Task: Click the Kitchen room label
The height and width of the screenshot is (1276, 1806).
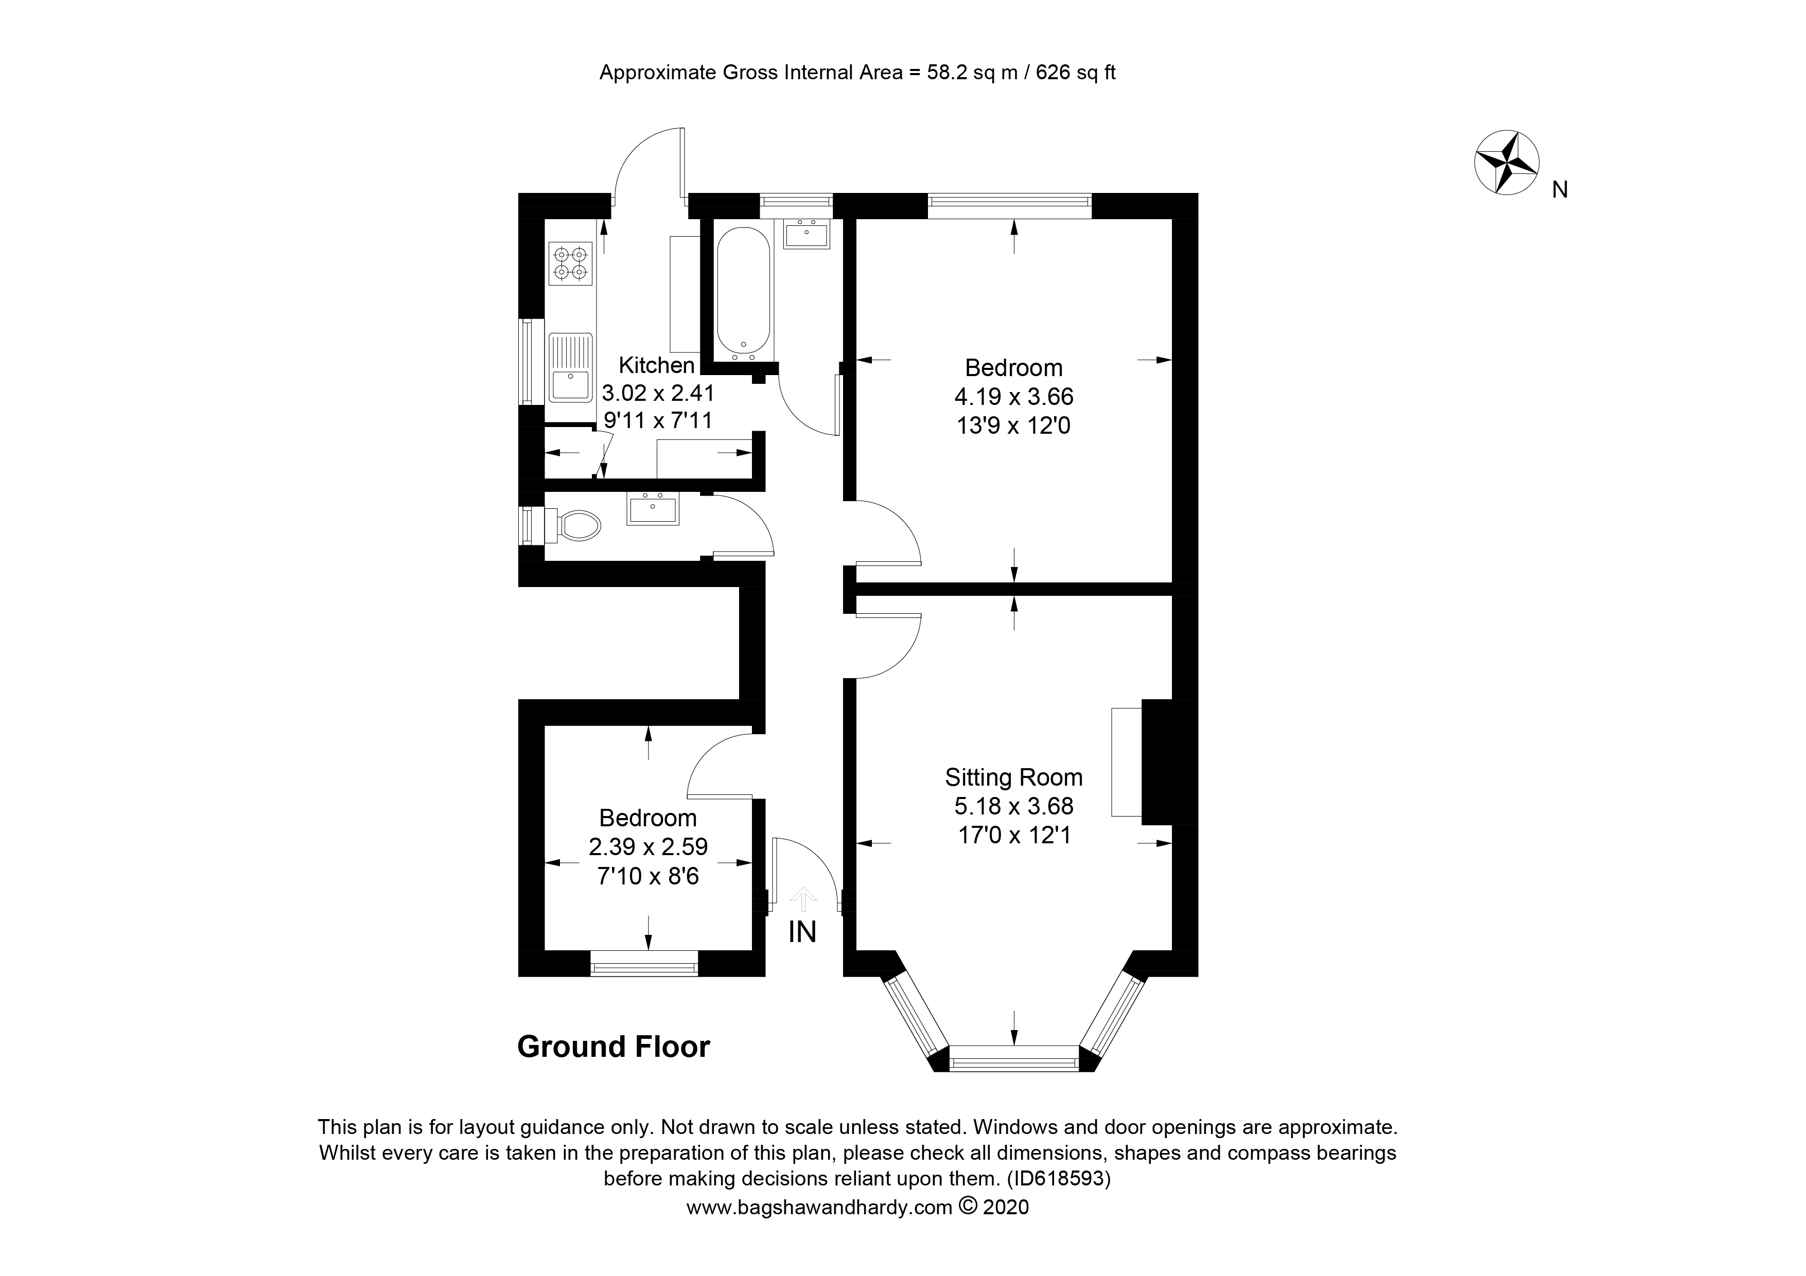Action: coord(656,366)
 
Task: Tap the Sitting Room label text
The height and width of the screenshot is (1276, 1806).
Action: coord(1014,777)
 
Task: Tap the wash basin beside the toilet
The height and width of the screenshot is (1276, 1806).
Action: coord(652,509)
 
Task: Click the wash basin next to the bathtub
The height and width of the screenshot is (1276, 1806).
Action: coord(806,234)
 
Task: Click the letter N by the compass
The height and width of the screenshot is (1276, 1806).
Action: coord(1560,189)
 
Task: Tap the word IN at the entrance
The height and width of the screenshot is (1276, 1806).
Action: coord(802,932)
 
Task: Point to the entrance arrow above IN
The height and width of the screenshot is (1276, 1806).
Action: coord(802,899)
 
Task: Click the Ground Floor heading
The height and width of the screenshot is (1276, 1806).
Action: coord(613,1047)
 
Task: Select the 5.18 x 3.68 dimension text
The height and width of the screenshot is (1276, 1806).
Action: coord(1014,806)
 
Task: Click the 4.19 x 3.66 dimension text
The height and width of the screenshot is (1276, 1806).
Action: coord(1014,396)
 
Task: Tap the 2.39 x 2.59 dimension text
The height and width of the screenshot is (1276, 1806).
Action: coord(648,847)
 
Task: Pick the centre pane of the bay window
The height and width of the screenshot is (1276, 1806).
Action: coord(1014,1058)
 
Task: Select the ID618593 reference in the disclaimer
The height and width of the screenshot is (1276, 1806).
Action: coord(1060,1179)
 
